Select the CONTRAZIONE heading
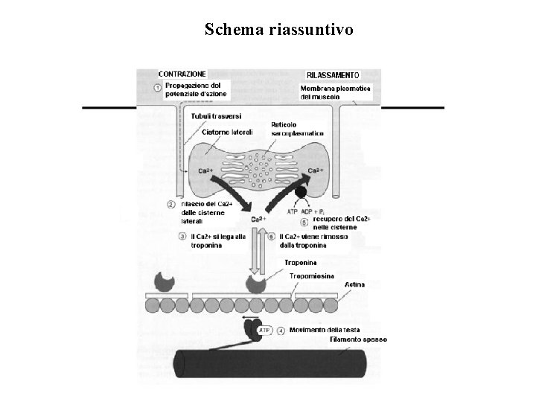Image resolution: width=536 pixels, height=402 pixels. (x=182, y=74)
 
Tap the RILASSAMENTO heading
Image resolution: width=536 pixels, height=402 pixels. (x=333, y=75)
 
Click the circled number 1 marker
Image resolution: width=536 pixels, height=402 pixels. (x=158, y=89)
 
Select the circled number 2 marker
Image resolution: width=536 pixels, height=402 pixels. (x=170, y=204)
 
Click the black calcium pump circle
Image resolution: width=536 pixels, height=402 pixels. (x=301, y=193)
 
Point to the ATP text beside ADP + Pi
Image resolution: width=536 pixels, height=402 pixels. (x=293, y=211)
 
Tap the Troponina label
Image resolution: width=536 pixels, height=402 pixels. (x=300, y=263)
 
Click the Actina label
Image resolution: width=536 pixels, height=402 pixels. (x=354, y=285)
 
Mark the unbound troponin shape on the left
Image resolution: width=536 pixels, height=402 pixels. (x=163, y=280)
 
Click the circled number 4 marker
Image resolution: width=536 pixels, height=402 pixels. (x=281, y=329)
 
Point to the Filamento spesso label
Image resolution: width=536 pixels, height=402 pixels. (x=357, y=339)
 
